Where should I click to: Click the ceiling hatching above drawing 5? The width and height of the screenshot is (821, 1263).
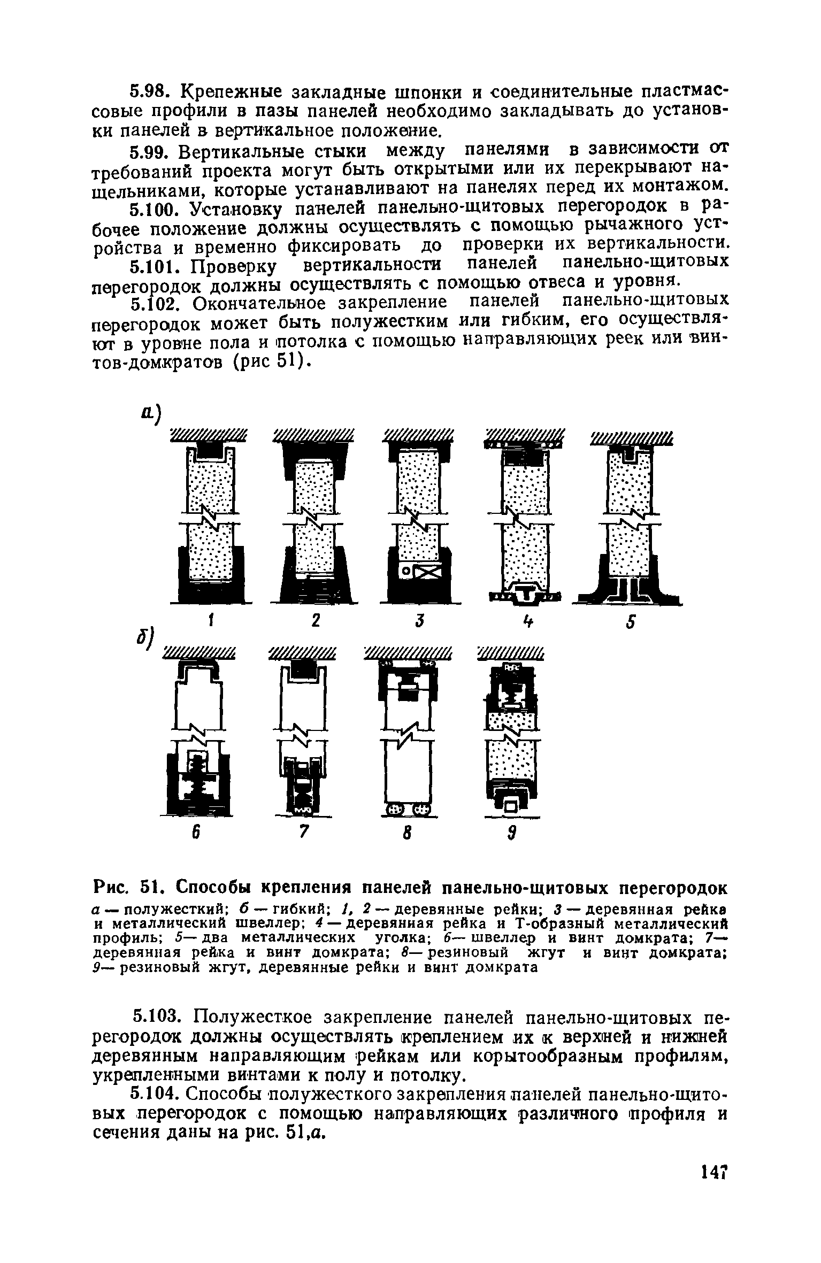(632, 440)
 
